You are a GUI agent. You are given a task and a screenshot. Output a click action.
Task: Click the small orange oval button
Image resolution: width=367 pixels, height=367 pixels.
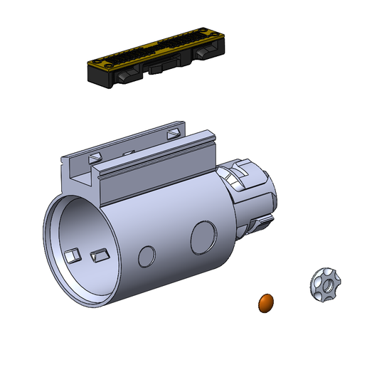coord(265,302)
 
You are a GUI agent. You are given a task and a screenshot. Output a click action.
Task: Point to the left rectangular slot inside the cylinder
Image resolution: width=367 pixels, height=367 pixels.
coord(72,254)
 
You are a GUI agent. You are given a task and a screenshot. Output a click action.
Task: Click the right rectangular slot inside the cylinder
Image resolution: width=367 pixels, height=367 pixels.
coord(98,254)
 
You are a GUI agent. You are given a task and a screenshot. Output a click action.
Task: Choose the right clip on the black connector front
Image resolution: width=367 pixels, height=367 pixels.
coord(208,54)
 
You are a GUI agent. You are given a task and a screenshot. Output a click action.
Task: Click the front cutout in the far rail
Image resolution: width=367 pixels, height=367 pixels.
coord(95,154)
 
